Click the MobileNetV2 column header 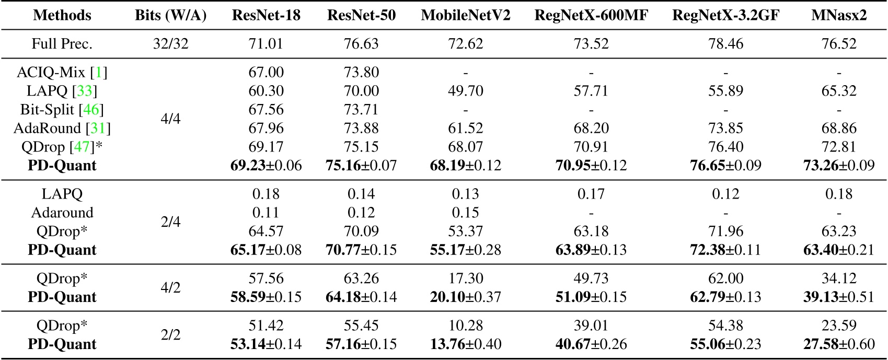click(465, 15)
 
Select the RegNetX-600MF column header click(591, 15)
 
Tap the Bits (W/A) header click(170, 15)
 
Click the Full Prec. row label click(62, 43)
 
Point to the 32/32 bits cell click(170, 43)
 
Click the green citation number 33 click(85, 91)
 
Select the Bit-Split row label click(62, 110)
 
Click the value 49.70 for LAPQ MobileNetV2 click(465, 91)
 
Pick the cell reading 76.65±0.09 click(725, 166)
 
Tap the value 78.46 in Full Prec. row click(725, 43)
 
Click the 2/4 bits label click(170, 222)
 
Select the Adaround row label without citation click(62, 213)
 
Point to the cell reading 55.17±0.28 click(465, 250)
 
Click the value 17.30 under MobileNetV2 click(465, 278)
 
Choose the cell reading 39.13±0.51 click(838, 297)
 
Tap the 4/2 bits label click(170, 287)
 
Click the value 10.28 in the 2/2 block click(465, 326)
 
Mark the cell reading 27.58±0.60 click(838, 344)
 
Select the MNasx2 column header click(838, 15)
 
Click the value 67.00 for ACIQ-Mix click(266, 72)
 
